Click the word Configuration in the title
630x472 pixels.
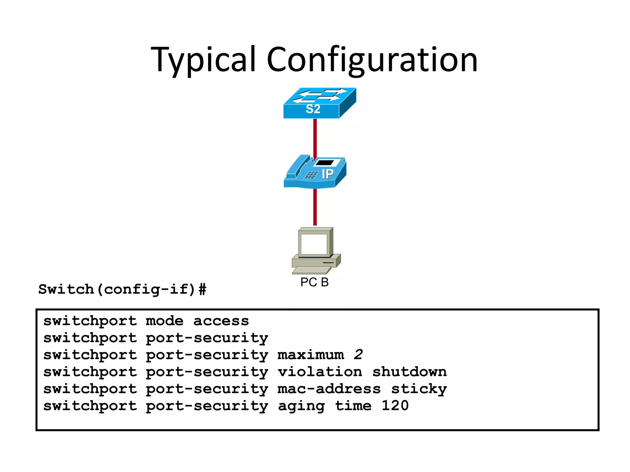point(372,60)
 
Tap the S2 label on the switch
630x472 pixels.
point(313,109)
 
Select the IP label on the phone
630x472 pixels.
point(327,174)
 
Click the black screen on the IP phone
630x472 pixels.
point(325,163)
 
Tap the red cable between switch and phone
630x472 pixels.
point(315,138)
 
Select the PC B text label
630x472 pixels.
point(314,282)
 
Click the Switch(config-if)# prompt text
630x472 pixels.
point(122,289)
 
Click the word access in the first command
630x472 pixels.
point(221,321)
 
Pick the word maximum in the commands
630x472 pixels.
point(311,355)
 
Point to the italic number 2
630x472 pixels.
point(358,355)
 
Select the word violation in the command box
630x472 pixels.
point(320,372)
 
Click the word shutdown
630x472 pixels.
point(409,372)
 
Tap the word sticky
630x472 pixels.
point(419,389)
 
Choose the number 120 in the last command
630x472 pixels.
point(395,406)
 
